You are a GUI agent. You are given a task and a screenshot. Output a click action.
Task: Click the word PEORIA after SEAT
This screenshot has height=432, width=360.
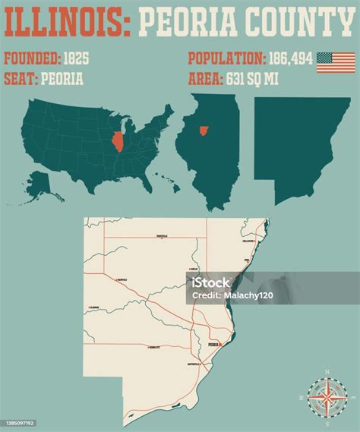pyautogui.click(x=62, y=78)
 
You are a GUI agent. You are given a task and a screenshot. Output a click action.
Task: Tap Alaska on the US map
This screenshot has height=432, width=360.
pyautogui.click(x=38, y=180)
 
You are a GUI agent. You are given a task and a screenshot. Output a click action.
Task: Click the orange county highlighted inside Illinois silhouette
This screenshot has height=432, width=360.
pyautogui.click(x=204, y=131)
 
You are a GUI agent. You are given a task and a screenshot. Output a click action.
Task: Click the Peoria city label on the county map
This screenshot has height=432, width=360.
pyautogui.click(x=213, y=344)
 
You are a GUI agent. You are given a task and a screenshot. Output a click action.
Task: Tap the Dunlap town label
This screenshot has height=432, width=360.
pyautogui.click(x=194, y=269)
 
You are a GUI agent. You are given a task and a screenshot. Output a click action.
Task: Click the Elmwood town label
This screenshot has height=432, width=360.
pyautogui.click(x=95, y=307)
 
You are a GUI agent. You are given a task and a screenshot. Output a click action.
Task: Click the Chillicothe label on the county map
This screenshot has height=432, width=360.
pyautogui.click(x=248, y=241)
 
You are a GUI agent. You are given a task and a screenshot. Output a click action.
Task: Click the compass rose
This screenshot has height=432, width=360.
pyautogui.click(x=327, y=396)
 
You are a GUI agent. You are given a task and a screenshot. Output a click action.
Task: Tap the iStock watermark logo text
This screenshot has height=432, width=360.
pyautogui.click(x=210, y=282)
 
